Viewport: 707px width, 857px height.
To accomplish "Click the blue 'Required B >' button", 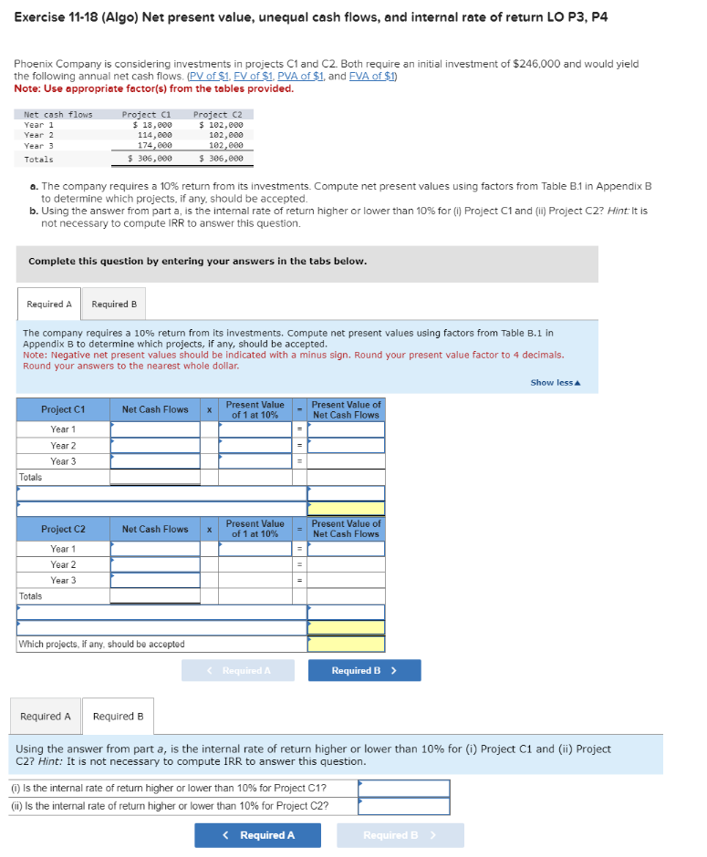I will [x=364, y=671].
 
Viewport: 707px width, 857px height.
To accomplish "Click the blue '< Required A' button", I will [x=257, y=835].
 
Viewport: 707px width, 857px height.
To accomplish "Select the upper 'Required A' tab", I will [x=48, y=304].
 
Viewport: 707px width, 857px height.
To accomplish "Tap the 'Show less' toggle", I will [x=556, y=382].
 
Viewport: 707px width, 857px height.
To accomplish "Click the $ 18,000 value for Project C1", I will [x=152, y=124].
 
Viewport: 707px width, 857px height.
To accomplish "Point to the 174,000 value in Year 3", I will [x=155, y=145].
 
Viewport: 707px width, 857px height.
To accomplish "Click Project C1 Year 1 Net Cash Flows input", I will [x=155, y=429].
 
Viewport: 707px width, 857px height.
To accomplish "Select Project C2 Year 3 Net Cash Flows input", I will [x=155, y=581].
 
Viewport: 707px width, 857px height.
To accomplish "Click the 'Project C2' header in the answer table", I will [x=63, y=530].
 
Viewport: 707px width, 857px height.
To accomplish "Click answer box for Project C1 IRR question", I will [x=403, y=788].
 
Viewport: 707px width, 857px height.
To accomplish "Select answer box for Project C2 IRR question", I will [x=403, y=806].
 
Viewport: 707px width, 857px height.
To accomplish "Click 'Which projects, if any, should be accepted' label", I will [x=101, y=645].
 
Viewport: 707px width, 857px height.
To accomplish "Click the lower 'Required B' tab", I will [x=118, y=717].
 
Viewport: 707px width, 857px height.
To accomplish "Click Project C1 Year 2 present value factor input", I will [x=255, y=446].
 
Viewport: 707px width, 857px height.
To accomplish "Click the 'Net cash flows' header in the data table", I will [x=57, y=114].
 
